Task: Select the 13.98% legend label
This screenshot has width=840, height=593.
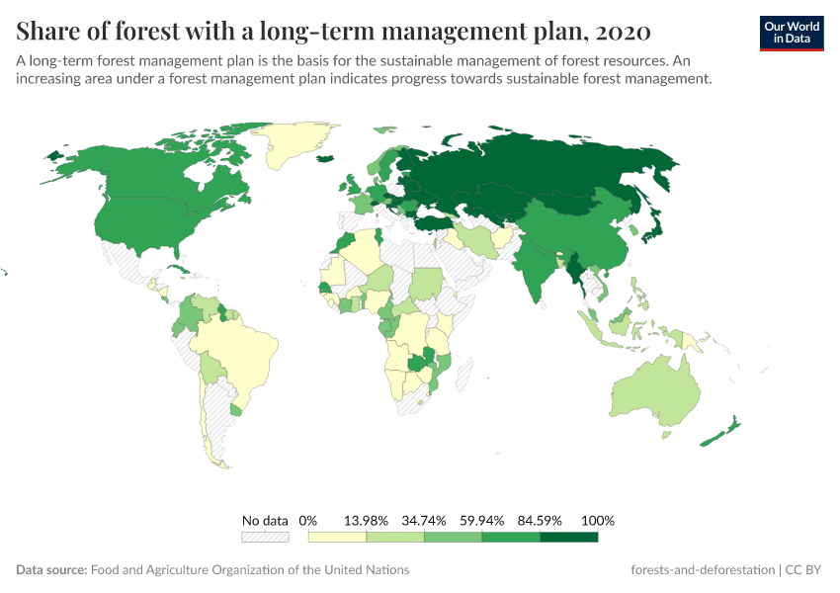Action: pyautogui.click(x=366, y=520)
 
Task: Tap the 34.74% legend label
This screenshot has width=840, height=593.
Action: pyautogui.click(x=424, y=520)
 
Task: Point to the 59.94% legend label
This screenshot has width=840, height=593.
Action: pyautogui.click(x=482, y=520)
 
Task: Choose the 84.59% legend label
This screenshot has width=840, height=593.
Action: pyautogui.click(x=541, y=520)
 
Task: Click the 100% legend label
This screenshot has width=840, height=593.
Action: pyautogui.click(x=599, y=520)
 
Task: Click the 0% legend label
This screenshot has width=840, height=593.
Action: pyautogui.click(x=308, y=520)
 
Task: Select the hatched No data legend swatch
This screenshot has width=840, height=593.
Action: pyautogui.click(x=265, y=537)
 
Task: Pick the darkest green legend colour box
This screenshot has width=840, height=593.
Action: pyautogui.click(x=569, y=537)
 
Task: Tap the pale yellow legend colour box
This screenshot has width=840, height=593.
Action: pyautogui.click(x=337, y=537)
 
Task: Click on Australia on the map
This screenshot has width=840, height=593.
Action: pyautogui.click(x=657, y=390)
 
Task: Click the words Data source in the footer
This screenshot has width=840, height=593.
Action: pyautogui.click(x=51, y=570)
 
